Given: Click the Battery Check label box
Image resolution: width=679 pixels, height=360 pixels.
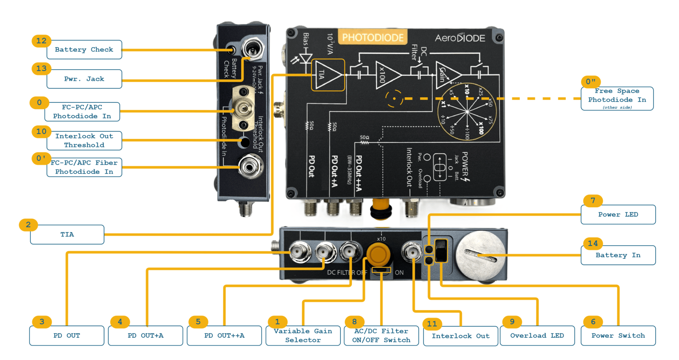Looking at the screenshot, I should pos(84,50).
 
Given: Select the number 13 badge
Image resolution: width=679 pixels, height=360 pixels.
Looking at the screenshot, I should pos(41,69).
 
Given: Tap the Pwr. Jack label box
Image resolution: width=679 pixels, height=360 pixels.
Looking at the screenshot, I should pos(84,79).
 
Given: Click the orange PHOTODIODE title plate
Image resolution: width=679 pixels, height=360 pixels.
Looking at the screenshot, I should pos(373,37).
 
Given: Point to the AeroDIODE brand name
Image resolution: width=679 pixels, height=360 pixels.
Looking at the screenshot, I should pos(460,38).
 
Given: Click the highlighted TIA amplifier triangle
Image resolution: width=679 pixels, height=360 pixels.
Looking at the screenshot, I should pos(328,75).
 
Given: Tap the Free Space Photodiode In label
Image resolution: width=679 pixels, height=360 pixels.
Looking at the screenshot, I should pos(617,98).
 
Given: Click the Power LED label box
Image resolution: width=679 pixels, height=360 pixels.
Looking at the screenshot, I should pos(618,214).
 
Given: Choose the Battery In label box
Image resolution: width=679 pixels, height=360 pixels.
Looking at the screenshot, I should pos(618,255).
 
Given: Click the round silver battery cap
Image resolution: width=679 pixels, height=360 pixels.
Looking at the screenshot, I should pos(480,255).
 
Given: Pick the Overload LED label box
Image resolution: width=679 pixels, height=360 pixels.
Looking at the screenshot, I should pos(537,335).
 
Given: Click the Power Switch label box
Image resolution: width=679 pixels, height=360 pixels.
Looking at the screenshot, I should pos(618,335).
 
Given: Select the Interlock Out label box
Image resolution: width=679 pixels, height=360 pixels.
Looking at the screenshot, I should pos(461,336).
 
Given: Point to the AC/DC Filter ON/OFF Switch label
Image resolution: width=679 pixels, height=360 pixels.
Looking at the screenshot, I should pos(381,335).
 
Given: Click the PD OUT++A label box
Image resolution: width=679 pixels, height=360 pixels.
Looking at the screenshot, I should pos(224,335).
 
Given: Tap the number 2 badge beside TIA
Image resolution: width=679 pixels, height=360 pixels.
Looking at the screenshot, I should pos(28,225).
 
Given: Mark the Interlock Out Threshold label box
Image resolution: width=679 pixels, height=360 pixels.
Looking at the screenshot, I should pos(84,141).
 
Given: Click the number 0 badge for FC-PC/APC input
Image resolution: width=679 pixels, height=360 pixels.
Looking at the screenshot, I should pos(39,103).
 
